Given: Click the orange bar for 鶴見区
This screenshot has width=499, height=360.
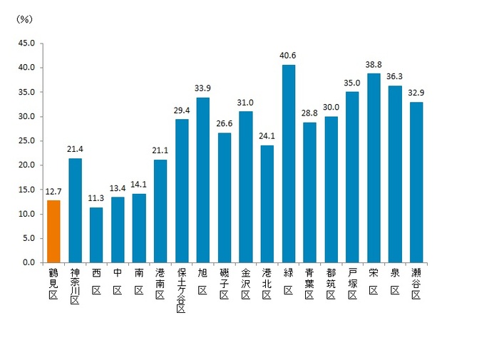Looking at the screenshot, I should (53, 231).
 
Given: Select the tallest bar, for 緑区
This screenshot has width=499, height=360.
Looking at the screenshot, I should (289, 163).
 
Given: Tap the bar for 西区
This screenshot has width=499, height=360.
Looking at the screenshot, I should (96, 235).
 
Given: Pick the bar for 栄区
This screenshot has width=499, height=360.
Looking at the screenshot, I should (374, 168).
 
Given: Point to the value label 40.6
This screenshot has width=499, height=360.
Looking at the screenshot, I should (289, 55).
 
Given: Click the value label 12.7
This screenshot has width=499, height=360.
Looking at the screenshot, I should (53, 190).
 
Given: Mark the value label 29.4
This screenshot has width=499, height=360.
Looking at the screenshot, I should (182, 109).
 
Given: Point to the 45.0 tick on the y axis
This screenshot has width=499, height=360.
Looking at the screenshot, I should (26, 43).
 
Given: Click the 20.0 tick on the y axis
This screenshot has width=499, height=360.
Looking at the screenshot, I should (26, 165).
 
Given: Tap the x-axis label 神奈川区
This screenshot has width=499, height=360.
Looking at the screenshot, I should (75, 286).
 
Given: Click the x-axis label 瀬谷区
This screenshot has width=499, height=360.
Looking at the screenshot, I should (416, 282).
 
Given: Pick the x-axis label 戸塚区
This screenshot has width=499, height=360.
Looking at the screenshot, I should (352, 282).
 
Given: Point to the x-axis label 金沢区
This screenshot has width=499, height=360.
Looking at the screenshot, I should (246, 282).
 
